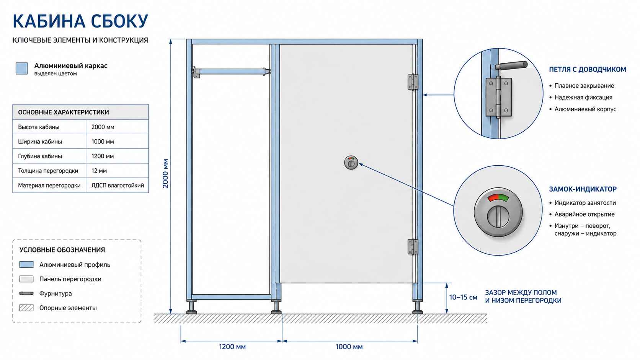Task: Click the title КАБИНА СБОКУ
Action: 80,21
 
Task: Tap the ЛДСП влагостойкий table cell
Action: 117,185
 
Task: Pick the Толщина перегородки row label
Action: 48,171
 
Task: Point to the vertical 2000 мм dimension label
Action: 165,173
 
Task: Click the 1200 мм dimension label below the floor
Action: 232,347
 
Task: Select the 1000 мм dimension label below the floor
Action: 349,347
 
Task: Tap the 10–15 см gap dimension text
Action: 463,298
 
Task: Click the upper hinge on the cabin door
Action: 413,82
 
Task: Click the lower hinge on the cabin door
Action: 413,247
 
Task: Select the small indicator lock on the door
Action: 351,163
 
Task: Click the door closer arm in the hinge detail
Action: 511,66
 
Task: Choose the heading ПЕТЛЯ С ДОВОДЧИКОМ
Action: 588,69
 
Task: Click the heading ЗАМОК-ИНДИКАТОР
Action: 583,189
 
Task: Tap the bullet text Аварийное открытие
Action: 584,214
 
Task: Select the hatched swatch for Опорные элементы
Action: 26,308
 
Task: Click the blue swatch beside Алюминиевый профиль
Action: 26,265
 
